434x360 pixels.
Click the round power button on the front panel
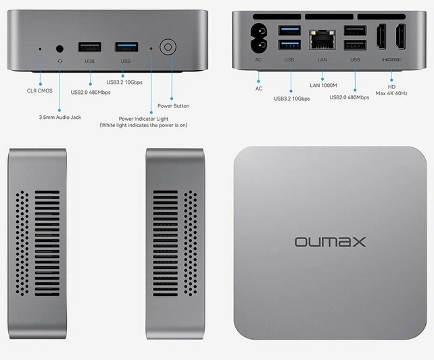click(167, 47)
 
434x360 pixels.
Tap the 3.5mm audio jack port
click(60, 48)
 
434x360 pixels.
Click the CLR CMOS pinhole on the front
click(40, 48)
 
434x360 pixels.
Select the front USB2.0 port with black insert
click(89, 47)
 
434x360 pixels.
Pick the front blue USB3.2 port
click(125, 47)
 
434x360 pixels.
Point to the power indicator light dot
click(151, 48)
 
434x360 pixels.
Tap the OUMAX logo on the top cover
click(330, 241)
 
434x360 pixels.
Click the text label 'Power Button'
click(173, 106)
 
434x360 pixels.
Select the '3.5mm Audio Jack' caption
click(60, 117)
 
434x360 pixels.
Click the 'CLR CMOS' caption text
click(40, 90)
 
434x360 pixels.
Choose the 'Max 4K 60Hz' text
click(391, 93)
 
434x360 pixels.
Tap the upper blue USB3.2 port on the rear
click(289, 30)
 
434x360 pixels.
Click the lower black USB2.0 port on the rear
click(355, 45)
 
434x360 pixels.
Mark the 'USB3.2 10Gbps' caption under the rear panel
click(292, 99)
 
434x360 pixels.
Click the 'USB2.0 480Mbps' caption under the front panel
click(91, 93)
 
